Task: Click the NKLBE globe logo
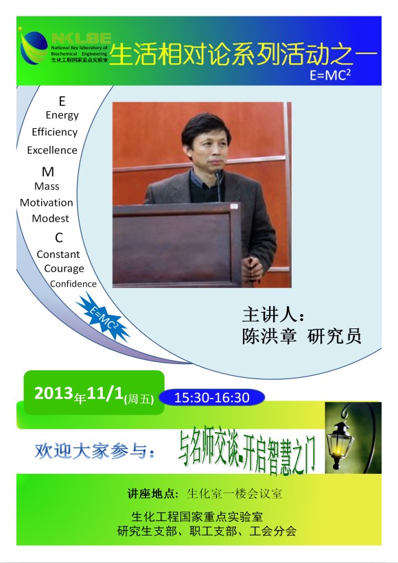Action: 34,47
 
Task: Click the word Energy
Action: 62,115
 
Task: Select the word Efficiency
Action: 55,132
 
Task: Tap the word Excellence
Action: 52,149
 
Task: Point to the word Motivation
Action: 47,202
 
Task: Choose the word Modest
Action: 50,218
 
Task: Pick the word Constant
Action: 58,254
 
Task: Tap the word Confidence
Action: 73,284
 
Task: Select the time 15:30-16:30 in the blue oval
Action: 211,398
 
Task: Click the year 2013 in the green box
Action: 54,393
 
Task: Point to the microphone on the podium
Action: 218,186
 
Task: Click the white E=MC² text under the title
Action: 330,75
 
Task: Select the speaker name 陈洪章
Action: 269,336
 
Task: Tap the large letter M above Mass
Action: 48,171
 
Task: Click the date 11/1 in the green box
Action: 105,393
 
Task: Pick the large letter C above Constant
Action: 59,237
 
